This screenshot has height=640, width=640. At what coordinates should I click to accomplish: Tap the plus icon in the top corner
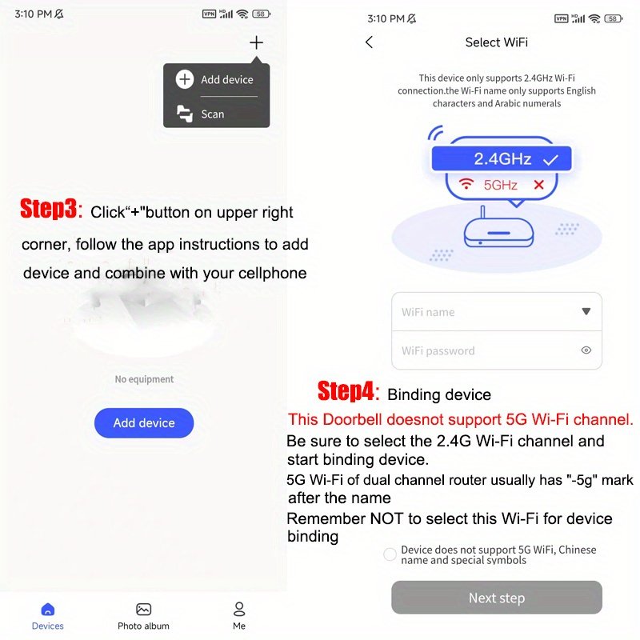(x=256, y=42)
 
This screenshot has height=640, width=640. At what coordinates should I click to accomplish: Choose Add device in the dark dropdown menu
(x=214, y=79)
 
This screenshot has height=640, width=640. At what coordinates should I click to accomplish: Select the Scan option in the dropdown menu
(x=201, y=114)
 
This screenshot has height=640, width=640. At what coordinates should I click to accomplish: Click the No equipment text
(x=144, y=379)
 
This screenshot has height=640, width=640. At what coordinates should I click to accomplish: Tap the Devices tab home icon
(x=48, y=610)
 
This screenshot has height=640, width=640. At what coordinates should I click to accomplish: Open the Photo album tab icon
(x=143, y=610)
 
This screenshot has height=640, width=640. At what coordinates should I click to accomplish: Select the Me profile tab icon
(x=239, y=609)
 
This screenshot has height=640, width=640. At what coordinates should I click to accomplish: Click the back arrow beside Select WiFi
(x=370, y=42)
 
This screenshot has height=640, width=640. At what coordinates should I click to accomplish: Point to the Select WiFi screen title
(x=496, y=42)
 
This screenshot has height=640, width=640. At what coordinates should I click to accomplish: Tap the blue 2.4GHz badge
(x=502, y=158)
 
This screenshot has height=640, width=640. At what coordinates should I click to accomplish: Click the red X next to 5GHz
(x=538, y=185)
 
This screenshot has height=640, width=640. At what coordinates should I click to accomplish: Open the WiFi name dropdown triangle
(x=586, y=311)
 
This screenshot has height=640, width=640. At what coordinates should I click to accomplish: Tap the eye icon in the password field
(x=586, y=350)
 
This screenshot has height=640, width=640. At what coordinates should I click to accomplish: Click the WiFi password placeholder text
(x=438, y=351)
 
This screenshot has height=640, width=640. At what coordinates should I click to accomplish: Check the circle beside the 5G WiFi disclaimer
(x=390, y=554)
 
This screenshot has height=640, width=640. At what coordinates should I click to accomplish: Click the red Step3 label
(x=49, y=209)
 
